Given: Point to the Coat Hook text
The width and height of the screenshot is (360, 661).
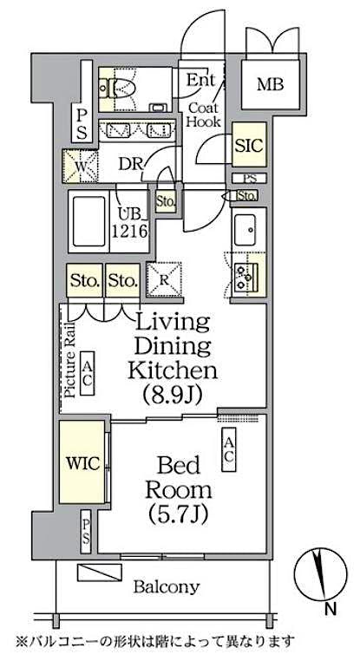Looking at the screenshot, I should click(x=206, y=115).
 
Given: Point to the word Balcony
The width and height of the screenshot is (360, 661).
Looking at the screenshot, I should click(x=166, y=586).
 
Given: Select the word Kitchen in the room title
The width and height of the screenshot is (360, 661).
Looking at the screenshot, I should click(x=172, y=370).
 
